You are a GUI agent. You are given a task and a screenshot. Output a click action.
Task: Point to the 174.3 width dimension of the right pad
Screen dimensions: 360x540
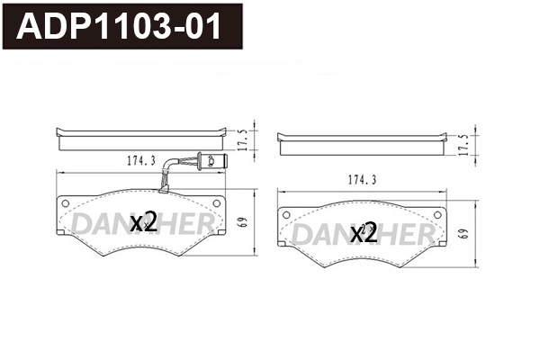coord(362,180)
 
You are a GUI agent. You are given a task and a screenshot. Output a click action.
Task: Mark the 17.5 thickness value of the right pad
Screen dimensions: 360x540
coord(464,145)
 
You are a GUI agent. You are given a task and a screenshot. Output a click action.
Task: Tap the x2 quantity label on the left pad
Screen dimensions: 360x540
coord(144,222)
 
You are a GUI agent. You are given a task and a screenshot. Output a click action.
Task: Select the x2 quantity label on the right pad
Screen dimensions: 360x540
coord(363,234)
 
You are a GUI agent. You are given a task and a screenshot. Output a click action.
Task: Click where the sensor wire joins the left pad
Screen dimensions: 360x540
coord(162,191)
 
